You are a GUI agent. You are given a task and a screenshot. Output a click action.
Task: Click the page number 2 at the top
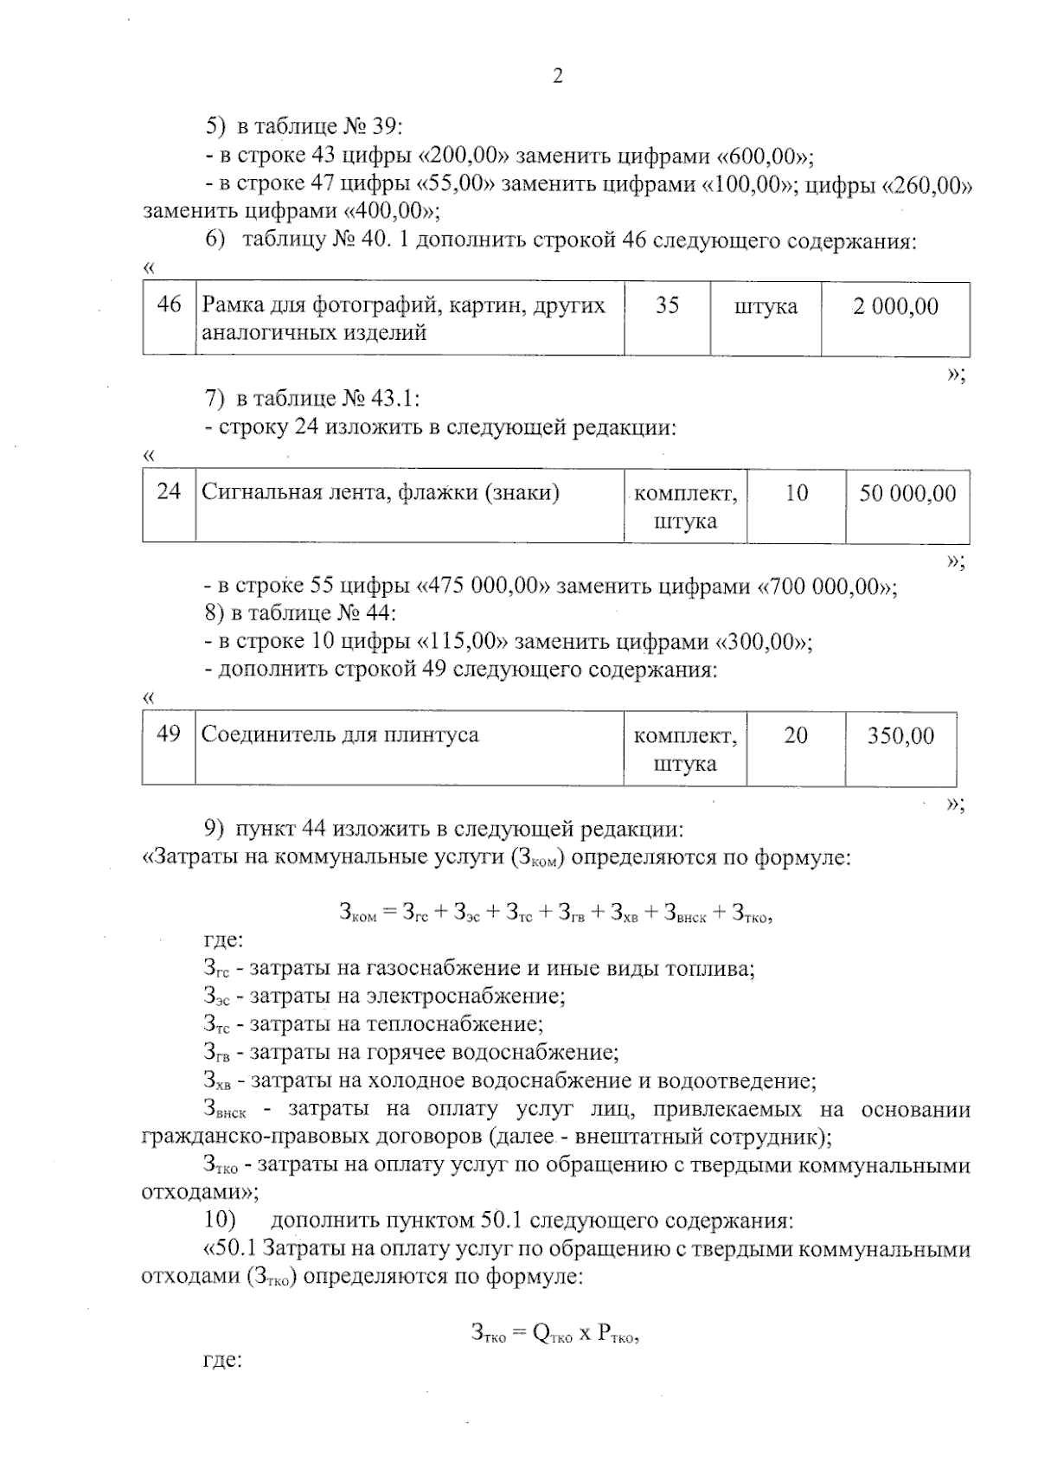[x=557, y=76]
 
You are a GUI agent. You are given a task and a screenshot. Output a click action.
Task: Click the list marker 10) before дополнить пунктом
[x=221, y=1221]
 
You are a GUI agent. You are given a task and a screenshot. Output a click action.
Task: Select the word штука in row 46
[x=766, y=306]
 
